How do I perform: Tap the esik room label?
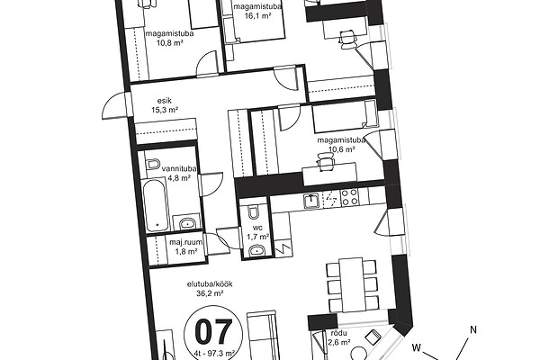pos(165,101)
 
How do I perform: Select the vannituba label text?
pos(179,169)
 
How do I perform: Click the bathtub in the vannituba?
pos(156,205)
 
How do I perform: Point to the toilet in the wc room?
pos(254,212)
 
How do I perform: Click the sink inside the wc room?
pos(256,250)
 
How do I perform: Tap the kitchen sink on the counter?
pos(311,201)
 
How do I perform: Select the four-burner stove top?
pos(349,197)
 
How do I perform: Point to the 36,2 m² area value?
pos(210,293)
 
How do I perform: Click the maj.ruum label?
pos(185,242)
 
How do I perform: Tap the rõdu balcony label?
pos(338,333)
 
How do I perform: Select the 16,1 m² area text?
pos(256,15)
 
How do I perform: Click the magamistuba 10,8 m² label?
pos(169,38)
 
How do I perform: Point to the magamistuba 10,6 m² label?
pos(341,145)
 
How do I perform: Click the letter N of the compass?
pos(473,329)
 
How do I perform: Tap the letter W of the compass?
pos(417,347)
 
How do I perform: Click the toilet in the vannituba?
pos(153,164)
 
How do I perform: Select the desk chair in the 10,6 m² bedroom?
pos(326,162)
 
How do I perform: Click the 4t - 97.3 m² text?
pos(214,353)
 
